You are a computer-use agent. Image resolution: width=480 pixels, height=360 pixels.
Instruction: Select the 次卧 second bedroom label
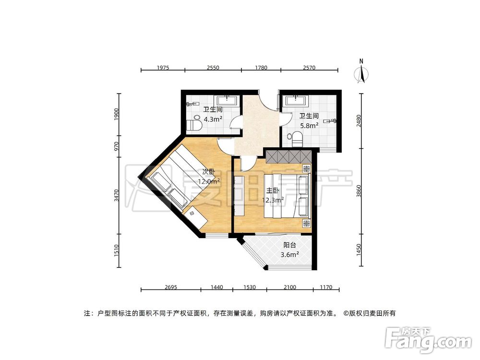[x=208, y=172]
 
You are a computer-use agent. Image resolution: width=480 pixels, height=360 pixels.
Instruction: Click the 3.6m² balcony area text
[x=290, y=254]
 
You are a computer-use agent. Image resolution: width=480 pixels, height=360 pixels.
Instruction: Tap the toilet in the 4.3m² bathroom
[x=194, y=124]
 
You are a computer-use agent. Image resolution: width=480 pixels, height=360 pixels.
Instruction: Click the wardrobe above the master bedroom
[x=288, y=156]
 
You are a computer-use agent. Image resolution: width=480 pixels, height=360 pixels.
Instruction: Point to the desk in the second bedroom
[x=197, y=216]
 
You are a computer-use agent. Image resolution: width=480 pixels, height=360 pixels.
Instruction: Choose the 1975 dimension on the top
[x=163, y=68]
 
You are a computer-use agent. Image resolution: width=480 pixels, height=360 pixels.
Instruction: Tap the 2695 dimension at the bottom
[x=170, y=288]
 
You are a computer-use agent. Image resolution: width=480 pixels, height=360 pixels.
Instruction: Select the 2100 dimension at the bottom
[x=289, y=288]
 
